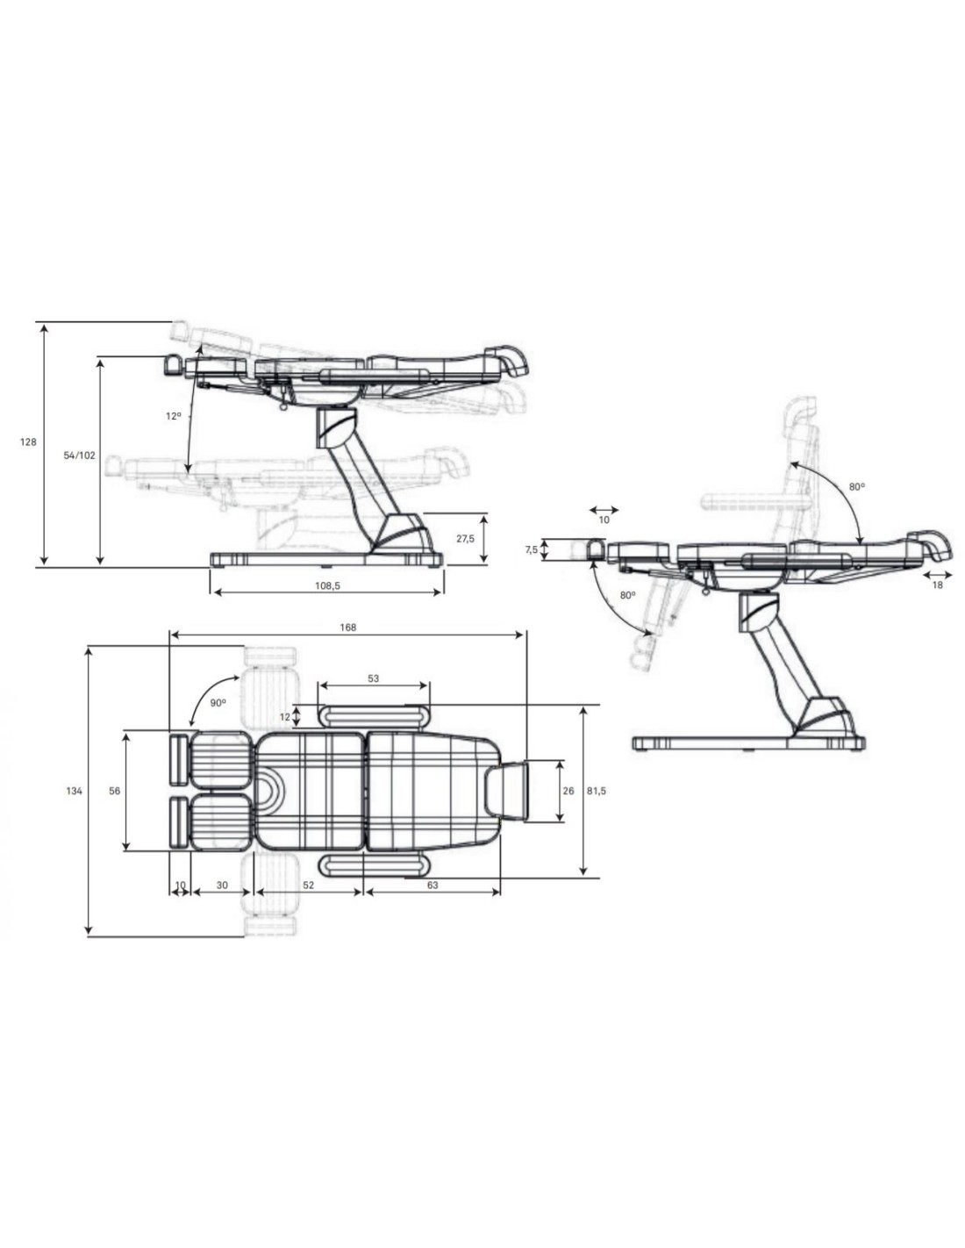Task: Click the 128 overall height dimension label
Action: pos(28,442)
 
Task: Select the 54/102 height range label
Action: pos(79,455)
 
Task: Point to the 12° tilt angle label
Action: pos(174,416)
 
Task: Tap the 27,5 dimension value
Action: pos(466,539)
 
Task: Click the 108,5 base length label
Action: pos(327,585)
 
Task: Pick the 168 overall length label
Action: pos(348,628)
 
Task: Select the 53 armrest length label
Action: pos(373,678)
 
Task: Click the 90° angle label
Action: pos(218,702)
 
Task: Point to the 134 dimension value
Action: pos(74,791)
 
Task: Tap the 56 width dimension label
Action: pos(115,791)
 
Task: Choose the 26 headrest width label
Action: pos(568,791)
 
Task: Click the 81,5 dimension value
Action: pos(597,791)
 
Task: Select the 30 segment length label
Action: pos(222,885)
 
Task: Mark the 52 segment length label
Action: pos(308,885)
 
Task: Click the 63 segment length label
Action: pos(432,885)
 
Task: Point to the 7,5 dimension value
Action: pos(532,549)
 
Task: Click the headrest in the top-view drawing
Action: pos(507,790)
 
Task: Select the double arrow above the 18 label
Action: pos(937,574)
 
